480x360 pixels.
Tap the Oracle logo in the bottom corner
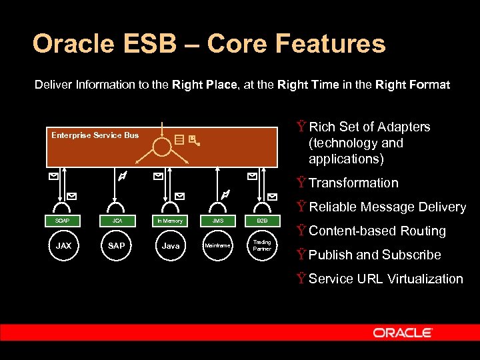(403, 333)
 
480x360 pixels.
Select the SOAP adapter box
(63, 221)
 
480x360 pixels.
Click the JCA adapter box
(116, 221)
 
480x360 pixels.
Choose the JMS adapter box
(217, 221)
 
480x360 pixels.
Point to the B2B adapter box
(262, 221)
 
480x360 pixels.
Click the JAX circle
(63, 245)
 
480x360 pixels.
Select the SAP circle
(116, 245)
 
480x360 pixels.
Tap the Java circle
(171, 245)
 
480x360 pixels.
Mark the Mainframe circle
(217, 245)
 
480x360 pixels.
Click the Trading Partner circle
(262, 245)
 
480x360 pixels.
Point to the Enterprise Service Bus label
(95, 135)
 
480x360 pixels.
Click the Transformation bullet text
(353, 183)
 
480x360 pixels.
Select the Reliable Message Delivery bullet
(387, 207)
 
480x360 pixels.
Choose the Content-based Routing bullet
(377, 231)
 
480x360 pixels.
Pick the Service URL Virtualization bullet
(385, 279)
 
